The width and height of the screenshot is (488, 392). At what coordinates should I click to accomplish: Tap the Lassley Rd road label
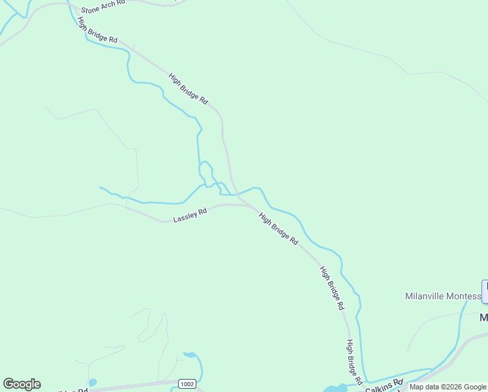coord(190,215)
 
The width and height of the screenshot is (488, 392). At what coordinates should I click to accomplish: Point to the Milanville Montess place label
coord(442,296)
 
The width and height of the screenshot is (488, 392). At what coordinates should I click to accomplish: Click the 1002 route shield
coord(187,384)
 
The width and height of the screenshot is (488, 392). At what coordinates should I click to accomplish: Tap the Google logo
coord(22,384)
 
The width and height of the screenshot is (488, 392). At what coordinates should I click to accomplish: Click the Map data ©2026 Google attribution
coord(448,387)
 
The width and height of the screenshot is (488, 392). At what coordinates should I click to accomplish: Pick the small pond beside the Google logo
coord(92,382)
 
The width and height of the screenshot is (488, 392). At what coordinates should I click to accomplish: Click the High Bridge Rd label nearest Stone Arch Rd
coord(97,30)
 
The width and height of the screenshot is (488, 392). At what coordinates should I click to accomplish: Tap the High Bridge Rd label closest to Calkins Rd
coord(354,362)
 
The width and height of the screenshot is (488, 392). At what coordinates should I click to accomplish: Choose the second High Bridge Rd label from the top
coord(188,88)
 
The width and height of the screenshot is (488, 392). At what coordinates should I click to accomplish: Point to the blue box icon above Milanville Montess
coord(485,291)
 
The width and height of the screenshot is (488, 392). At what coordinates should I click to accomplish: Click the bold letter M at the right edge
coord(484,318)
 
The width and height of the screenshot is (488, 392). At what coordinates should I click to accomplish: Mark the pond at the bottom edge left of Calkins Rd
coord(335,389)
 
